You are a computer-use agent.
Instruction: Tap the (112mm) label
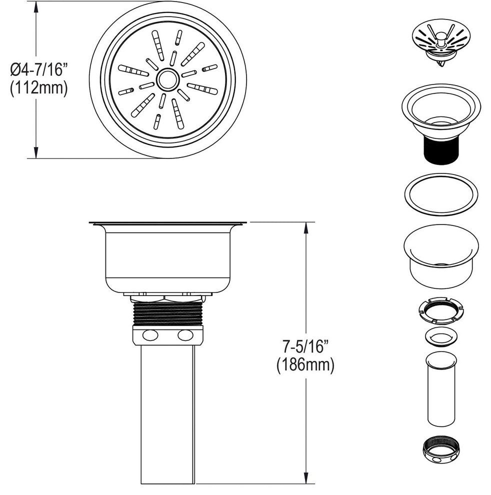(38, 89)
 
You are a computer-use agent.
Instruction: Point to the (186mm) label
(304, 365)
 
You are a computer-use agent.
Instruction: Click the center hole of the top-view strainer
(167, 79)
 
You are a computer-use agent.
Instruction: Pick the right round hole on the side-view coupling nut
(184, 335)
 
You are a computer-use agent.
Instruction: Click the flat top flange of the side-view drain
(167, 223)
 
